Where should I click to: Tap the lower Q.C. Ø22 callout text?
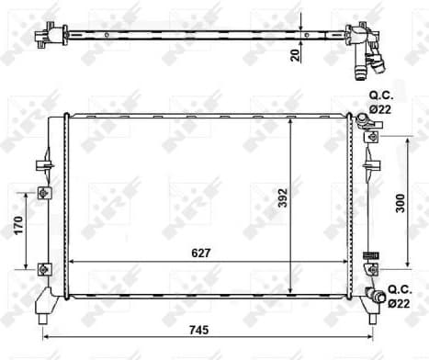(x=400, y=297)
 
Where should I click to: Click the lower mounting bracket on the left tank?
(x=44, y=268)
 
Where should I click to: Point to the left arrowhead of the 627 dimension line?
(x=74, y=262)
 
